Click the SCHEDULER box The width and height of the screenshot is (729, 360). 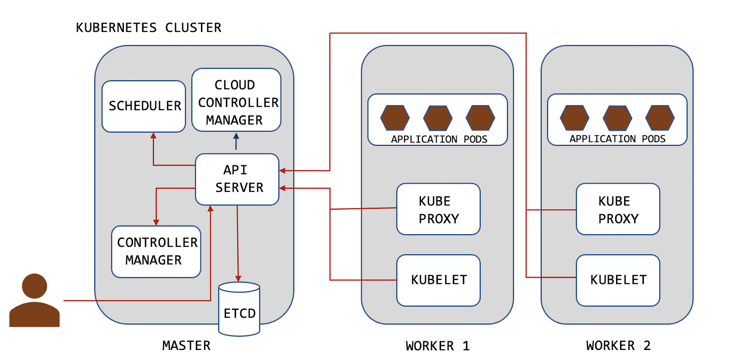(144, 106)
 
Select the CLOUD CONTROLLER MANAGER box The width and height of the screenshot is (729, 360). (236, 100)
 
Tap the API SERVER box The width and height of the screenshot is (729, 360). (237, 179)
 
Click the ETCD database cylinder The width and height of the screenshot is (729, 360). (239, 310)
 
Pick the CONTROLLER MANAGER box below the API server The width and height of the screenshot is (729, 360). (156, 252)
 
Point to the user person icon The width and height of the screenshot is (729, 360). (35, 300)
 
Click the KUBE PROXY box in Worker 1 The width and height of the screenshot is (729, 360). (438, 209)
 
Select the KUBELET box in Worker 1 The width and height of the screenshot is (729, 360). (438, 280)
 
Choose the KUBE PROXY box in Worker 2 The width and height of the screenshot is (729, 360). (618, 209)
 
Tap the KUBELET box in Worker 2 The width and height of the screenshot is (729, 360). (618, 280)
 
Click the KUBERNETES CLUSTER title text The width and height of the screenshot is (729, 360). (149, 28)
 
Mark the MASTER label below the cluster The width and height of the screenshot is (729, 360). (186, 345)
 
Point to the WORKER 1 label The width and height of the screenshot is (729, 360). (437, 346)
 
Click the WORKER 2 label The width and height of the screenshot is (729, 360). (618, 345)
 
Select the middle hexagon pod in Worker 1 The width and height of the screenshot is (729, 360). (437, 118)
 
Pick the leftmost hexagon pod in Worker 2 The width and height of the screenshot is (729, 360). (574, 118)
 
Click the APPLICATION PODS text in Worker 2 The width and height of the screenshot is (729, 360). (617, 139)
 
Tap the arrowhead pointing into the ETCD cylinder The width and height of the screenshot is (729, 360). (238, 278)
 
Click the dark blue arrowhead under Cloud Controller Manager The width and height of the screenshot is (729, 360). (236, 136)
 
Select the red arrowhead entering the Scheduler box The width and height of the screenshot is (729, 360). (154, 135)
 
